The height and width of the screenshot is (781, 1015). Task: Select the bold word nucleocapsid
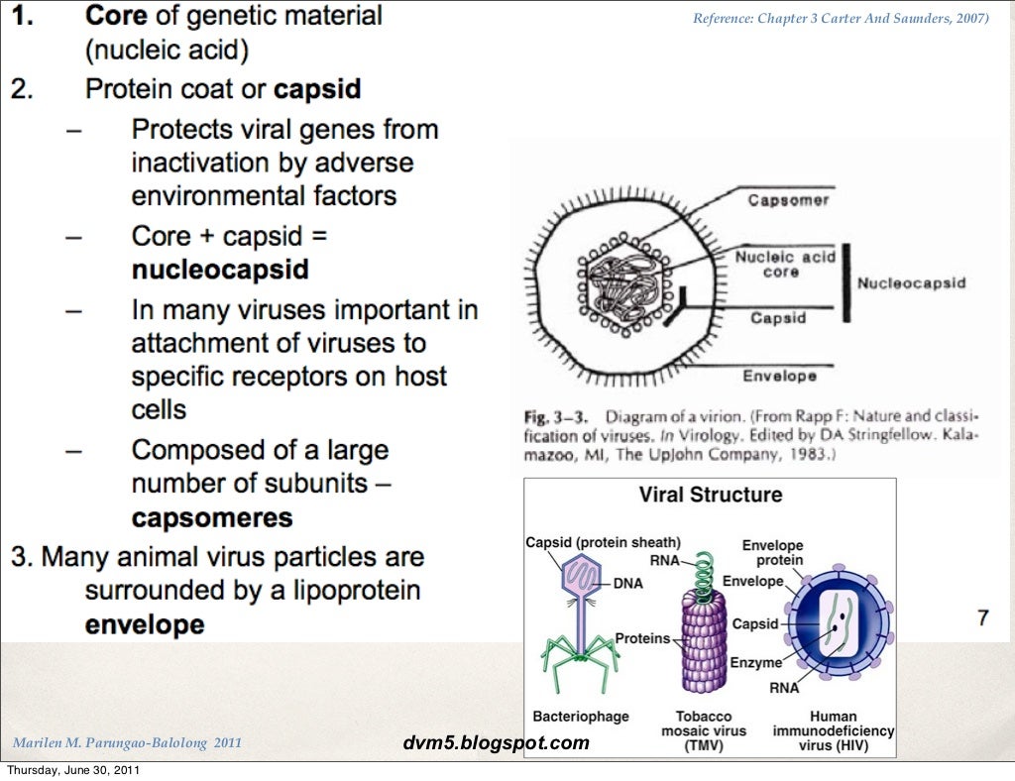coord(219,270)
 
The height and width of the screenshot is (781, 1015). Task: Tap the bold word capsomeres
coord(211,517)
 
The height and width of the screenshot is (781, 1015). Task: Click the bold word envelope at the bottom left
coord(145,625)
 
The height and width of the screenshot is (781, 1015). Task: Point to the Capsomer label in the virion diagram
coord(788,200)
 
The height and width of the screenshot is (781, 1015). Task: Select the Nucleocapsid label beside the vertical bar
coord(910,283)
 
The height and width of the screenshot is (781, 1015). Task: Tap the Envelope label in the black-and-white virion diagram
coord(779,376)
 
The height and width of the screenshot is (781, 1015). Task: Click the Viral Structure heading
coord(710,495)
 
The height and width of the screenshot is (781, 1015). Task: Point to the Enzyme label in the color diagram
coord(756,662)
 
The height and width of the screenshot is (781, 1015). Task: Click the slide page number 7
coord(982,618)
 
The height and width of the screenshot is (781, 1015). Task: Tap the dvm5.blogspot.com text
coord(497,742)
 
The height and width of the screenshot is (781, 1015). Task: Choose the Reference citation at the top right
coord(841,18)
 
